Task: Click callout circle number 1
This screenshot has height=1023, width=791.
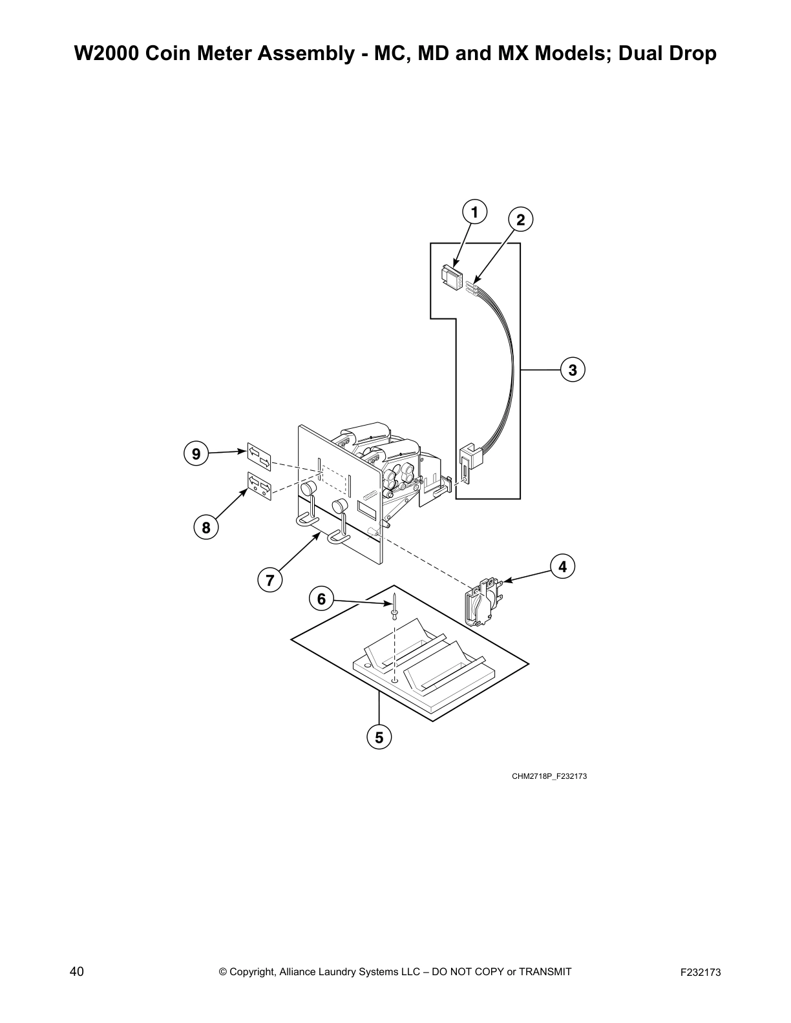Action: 474,212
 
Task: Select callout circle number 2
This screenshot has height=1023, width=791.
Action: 521,220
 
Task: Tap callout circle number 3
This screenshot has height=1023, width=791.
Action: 573,370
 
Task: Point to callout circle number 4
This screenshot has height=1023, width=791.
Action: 562,566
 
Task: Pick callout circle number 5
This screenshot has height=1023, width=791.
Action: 379,737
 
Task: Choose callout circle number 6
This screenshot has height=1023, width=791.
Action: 321,599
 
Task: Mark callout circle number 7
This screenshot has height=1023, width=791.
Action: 270,579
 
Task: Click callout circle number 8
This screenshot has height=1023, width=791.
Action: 206,528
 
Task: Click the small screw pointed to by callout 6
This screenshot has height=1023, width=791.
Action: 394,608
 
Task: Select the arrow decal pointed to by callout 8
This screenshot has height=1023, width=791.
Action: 258,486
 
